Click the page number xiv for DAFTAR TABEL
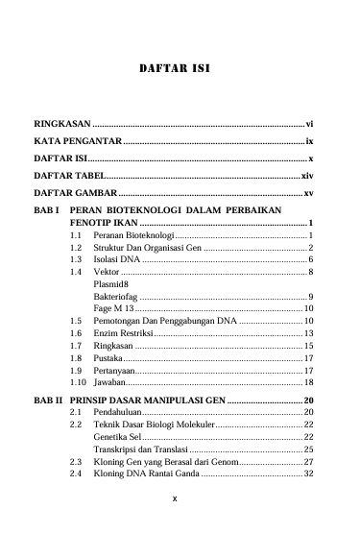(x=307, y=178)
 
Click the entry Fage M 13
(x=114, y=308)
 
